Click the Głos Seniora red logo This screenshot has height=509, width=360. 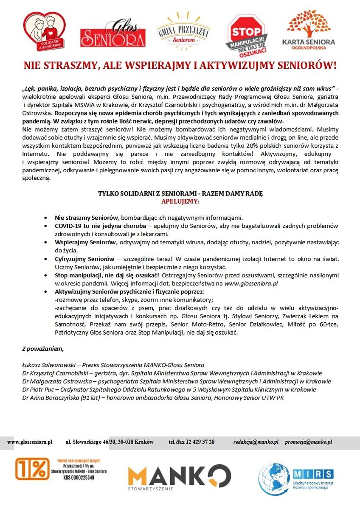click(x=112, y=35)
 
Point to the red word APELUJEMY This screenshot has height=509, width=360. click(x=180, y=201)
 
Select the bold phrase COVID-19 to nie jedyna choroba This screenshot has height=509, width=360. click(x=100, y=226)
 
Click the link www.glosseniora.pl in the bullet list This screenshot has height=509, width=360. click(x=251, y=283)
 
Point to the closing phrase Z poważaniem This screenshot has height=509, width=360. click(x=42, y=349)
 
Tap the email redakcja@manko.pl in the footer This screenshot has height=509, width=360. click(x=256, y=442)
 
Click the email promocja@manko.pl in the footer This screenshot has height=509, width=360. click(x=308, y=442)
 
